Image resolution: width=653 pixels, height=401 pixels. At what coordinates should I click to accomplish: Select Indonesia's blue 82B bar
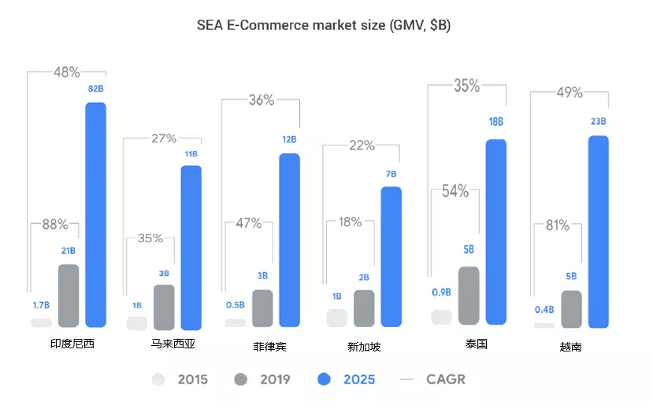point(95,214)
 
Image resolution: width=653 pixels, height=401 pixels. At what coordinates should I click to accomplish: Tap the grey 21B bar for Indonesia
point(69,296)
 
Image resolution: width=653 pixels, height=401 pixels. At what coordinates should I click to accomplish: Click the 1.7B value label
point(41,304)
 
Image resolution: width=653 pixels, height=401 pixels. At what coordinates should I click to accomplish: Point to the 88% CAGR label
point(54,224)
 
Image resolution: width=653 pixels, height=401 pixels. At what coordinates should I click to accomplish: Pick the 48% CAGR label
point(67,72)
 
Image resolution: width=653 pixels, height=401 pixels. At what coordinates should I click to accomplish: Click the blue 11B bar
point(191,247)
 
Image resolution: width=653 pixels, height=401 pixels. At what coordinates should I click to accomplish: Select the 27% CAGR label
point(163,139)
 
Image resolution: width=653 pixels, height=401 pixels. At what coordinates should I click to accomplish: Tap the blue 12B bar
point(289,240)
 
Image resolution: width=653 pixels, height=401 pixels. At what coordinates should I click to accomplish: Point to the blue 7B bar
point(391,256)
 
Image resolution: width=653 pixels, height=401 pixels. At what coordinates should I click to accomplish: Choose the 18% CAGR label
point(349,222)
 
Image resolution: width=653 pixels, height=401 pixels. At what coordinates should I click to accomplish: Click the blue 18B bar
point(496,231)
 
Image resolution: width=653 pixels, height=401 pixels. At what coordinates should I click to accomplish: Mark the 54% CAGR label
point(455,191)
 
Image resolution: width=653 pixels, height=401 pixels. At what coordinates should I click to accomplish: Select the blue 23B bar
point(599,231)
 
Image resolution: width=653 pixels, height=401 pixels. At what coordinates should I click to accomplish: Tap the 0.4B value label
point(544,309)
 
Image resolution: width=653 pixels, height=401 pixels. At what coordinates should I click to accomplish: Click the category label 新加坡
point(364,346)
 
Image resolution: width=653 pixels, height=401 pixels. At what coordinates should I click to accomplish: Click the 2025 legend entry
point(347,380)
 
